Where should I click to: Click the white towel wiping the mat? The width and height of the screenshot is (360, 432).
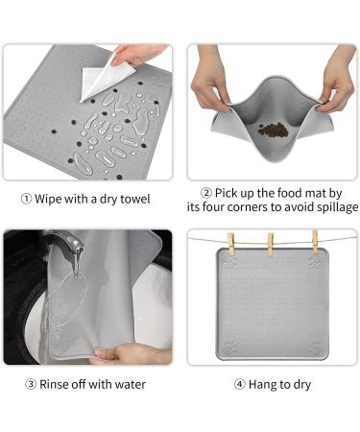point(106,80)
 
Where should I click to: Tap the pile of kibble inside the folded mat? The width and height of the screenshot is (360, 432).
point(274,131)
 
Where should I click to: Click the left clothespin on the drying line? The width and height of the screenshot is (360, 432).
point(231,244)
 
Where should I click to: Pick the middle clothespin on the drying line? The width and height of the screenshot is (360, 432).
point(271,245)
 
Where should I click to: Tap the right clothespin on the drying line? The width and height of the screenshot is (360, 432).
point(315,242)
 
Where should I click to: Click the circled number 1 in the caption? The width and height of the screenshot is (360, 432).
point(26,199)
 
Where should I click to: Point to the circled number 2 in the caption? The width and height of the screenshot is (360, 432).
point(206,193)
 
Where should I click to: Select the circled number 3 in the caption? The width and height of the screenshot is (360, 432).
point(31,384)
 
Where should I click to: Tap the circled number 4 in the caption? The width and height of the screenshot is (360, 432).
point(239,384)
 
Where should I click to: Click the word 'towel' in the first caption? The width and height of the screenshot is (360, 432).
point(134,199)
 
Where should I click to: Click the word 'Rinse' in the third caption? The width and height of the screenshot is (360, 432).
point(54,384)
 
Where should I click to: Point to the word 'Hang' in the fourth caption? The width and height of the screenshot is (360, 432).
point(260,384)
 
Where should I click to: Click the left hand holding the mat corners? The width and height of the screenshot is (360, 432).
point(211,79)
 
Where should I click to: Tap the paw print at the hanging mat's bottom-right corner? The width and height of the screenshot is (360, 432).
point(315,348)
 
